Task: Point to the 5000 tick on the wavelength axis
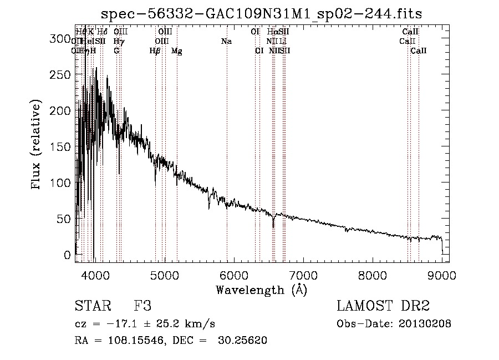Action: click(x=164, y=275)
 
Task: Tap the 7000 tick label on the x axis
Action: click(x=303, y=275)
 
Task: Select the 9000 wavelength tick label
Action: click(x=441, y=275)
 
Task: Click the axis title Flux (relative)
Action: click(x=37, y=146)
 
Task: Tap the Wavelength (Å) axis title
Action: click(x=261, y=290)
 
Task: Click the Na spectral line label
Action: click(x=226, y=41)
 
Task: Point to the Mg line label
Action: click(x=176, y=51)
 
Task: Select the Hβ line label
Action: click(x=155, y=51)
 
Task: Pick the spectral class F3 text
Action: click(x=142, y=307)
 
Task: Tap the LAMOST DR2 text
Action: click(x=383, y=307)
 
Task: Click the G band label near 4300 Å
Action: click(x=116, y=51)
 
